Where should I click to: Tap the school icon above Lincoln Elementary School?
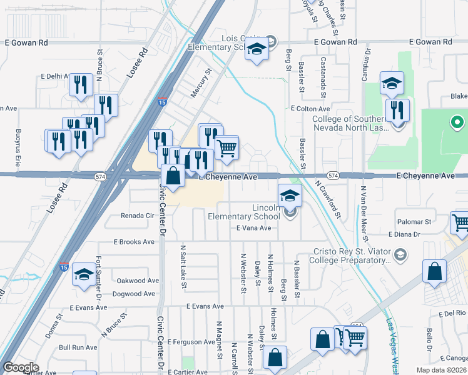290,196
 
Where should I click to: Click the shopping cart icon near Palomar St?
460,223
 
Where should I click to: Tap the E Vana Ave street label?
253,228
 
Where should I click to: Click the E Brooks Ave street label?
133,242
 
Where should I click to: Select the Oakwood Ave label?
136,281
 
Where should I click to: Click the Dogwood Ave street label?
134,294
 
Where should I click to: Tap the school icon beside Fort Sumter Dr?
84,274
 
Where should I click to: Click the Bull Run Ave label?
78,347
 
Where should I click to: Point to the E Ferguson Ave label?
193,342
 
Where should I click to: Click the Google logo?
21,367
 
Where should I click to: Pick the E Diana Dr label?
407,234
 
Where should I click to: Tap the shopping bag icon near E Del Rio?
434,272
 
